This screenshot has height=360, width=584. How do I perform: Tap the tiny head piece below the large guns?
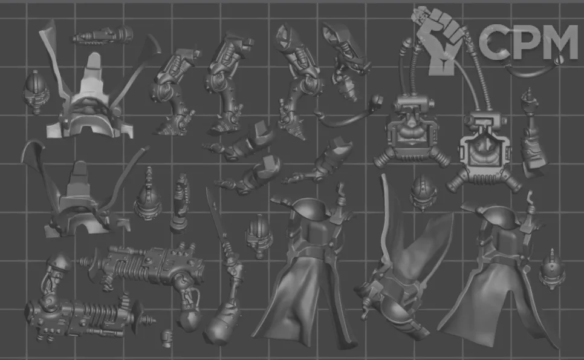(166, 338)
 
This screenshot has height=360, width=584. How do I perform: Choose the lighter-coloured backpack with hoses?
(484, 149)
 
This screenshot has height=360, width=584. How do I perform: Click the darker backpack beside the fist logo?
(410, 131)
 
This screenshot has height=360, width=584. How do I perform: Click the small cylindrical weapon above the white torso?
(103, 36)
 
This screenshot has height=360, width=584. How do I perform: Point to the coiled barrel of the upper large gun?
(129, 263)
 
